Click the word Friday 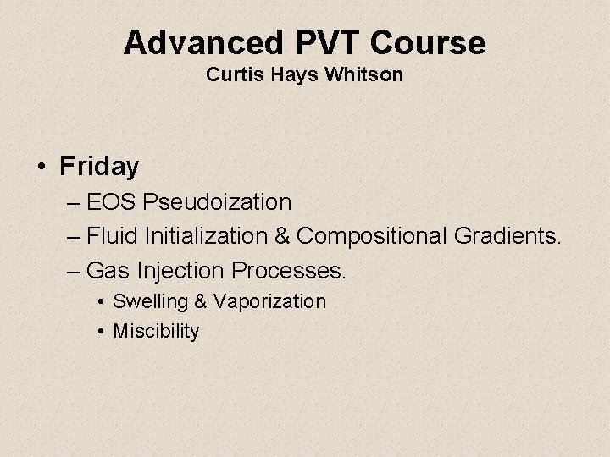[x=100, y=167]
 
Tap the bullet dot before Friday [x=43, y=167]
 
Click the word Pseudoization [x=217, y=203]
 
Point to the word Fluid [x=112, y=237]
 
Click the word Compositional [x=380, y=237]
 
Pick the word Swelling [x=147, y=302]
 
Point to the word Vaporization [x=269, y=302]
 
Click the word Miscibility [x=156, y=331]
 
